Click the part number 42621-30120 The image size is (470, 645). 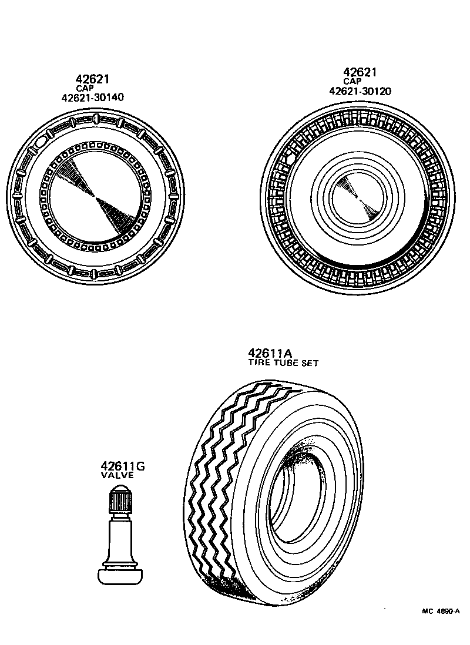coord(360,91)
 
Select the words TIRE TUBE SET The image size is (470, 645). coord(284,363)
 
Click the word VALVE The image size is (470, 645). coord(118,475)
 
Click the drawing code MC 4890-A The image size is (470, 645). coord(441,611)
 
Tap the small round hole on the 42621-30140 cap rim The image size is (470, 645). coord(41,142)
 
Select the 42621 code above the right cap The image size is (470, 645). coord(360,72)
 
